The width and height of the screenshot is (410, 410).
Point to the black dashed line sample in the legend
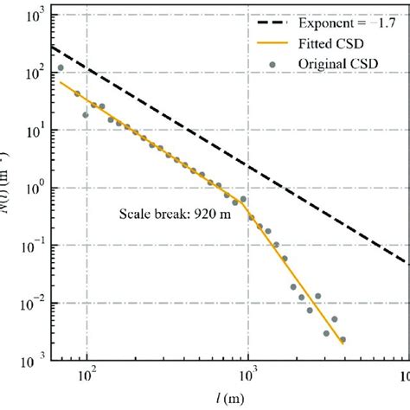274,23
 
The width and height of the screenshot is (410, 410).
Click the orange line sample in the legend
274,42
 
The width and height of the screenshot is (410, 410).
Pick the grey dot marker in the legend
274,61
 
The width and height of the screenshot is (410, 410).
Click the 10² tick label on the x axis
86,375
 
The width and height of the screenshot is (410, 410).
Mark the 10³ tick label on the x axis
248,375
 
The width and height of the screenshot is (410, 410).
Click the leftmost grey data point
61,67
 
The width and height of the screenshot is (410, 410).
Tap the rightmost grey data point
343,340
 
